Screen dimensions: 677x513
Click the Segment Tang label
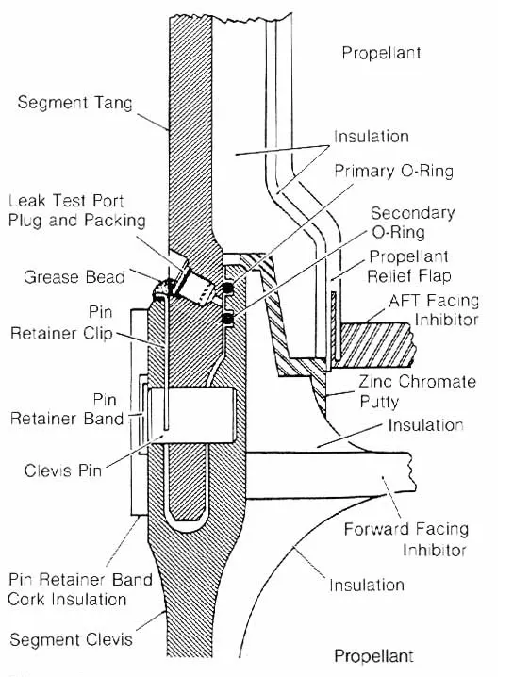[x=72, y=102]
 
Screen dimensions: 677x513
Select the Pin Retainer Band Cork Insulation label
[x=80, y=587]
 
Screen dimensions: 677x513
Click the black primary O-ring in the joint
[x=227, y=287]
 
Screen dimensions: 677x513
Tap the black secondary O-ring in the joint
[x=227, y=319]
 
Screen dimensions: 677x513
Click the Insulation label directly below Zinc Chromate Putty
[x=427, y=425]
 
